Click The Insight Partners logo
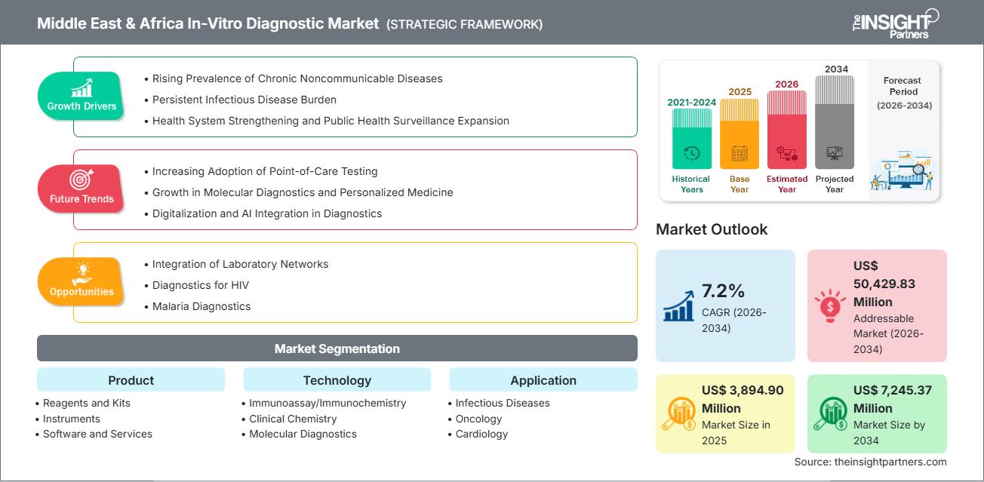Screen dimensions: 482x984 [x=894, y=23]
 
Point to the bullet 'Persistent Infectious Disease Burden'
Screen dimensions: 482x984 [x=244, y=100]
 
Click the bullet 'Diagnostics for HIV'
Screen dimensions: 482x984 [x=200, y=285]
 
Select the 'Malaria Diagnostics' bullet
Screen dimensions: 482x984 [x=201, y=306]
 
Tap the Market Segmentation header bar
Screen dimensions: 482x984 [x=337, y=348]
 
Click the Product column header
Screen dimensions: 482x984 [x=131, y=380]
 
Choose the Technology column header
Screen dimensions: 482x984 [x=337, y=380]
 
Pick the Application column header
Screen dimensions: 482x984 [x=543, y=380]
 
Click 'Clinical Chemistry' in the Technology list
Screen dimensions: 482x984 [x=293, y=419]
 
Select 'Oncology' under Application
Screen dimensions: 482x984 [x=478, y=419]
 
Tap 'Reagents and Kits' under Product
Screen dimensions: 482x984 [x=86, y=403]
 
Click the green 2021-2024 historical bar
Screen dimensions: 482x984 [x=691, y=139]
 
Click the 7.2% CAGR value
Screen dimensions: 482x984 [x=723, y=291]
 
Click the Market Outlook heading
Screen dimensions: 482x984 [x=712, y=229]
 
